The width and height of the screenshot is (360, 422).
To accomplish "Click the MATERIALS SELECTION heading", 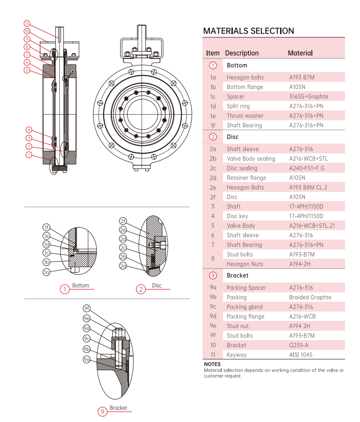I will (x=248, y=31).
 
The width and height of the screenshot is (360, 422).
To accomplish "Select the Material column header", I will (x=300, y=53).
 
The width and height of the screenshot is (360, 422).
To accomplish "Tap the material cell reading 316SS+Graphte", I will (x=309, y=96).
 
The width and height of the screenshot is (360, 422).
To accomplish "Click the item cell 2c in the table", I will (x=213, y=168).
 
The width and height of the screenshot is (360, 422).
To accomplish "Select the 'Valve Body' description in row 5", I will (x=241, y=226).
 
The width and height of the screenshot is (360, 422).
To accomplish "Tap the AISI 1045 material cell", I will (x=301, y=355).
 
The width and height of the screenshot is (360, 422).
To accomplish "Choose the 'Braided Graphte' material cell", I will (x=310, y=297).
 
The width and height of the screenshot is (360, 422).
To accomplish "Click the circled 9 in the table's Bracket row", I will (x=213, y=276).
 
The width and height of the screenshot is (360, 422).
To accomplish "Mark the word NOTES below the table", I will (x=212, y=364).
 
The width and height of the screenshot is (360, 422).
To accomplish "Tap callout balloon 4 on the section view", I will (x=29, y=130).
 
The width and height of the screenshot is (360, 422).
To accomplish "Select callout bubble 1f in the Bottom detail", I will (x=46, y=227).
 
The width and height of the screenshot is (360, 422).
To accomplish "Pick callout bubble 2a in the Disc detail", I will (x=123, y=266).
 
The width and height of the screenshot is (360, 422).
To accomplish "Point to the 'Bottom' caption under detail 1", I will (x=80, y=285).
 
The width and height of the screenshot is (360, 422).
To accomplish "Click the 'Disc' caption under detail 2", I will (x=157, y=285).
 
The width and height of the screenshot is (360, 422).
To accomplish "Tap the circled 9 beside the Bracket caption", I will (x=102, y=412).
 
